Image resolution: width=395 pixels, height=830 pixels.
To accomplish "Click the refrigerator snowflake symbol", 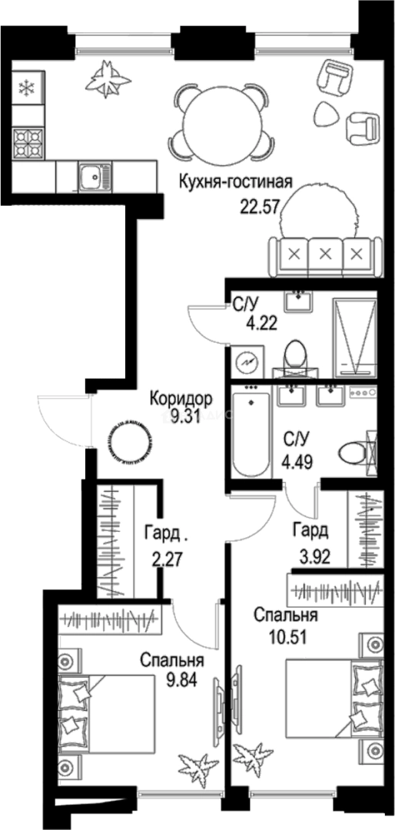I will (x=28, y=88).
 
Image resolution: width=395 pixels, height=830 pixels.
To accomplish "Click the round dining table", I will (x=221, y=118).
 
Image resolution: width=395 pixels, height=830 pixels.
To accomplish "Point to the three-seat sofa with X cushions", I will (x=325, y=254).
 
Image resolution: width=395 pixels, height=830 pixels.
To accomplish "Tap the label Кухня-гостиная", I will (x=236, y=182).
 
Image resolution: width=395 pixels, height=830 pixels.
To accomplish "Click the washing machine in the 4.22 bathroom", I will (x=247, y=361).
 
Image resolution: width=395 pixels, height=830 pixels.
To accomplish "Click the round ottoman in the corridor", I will (x=125, y=440).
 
